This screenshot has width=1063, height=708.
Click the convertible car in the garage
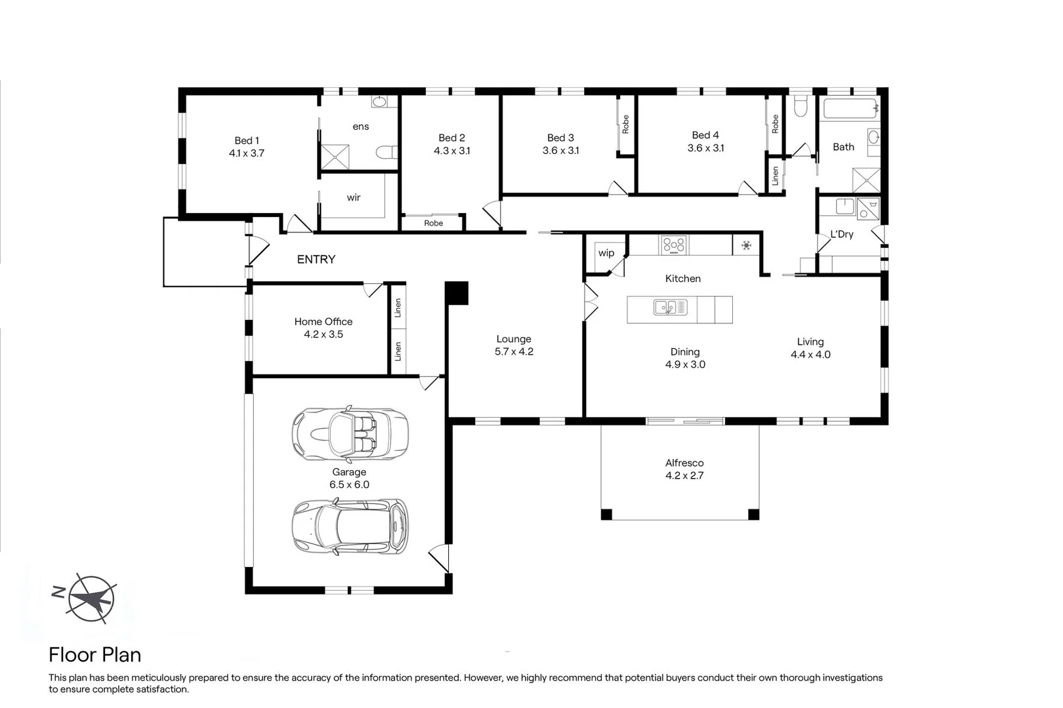349,433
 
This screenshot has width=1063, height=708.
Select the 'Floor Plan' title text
94,655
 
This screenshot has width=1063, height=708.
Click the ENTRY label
316,260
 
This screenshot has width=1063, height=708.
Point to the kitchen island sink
670,307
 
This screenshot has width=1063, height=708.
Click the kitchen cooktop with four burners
674,245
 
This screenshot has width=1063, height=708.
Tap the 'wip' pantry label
606,253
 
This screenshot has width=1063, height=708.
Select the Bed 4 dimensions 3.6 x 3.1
705,148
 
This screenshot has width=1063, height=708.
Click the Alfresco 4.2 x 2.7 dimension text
684,476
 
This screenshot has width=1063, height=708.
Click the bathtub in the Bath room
850,108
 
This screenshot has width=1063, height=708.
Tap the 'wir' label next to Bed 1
354,197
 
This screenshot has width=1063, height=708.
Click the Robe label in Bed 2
433,223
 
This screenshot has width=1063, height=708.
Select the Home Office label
323,321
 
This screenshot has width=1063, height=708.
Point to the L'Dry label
841,234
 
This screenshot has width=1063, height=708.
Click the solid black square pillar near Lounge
457,293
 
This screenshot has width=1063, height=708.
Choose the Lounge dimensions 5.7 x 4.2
514,352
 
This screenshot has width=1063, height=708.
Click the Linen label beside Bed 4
775,176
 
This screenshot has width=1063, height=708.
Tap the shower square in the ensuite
335,157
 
